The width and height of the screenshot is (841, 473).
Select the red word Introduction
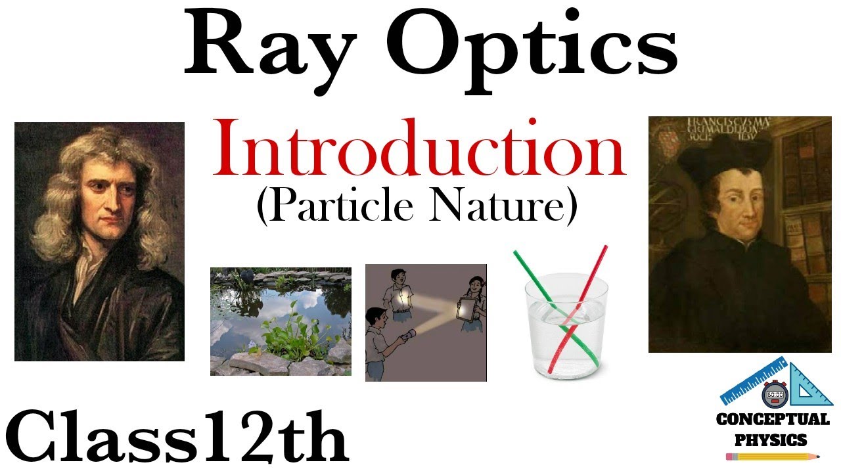pyautogui.click(x=419, y=150)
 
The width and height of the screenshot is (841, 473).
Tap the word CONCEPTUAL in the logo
pyautogui.click(x=773, y=419)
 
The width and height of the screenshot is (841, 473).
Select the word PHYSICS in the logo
pyautogui.click(x=773, y=438)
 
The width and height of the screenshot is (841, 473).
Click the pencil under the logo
pyautogui.click(x=773, y=456)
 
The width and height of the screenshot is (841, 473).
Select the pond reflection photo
pyautogui.click(x=281, y=321)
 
